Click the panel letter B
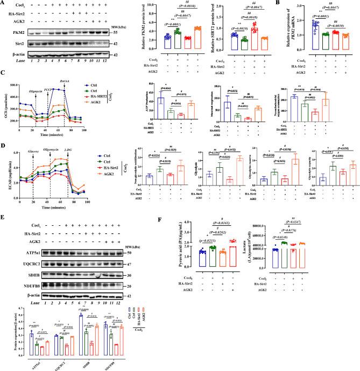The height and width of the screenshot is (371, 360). pyautogui.click(x=282, y=4)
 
